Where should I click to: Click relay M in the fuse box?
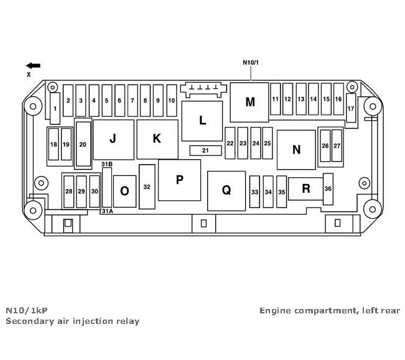249,102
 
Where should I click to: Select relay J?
113,139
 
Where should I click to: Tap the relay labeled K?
156,139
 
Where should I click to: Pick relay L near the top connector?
202,121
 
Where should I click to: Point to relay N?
296,149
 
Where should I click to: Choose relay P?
179,180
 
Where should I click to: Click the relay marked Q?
226,190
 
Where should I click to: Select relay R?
306,189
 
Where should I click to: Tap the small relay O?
124,192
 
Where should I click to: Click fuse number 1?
55,108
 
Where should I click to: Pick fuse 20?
83,144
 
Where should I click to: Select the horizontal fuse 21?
205,151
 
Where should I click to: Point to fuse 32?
147,187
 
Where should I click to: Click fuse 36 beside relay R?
328,189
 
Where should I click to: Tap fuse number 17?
351,108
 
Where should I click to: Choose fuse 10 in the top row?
172,99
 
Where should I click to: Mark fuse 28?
68,192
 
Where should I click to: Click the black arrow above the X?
34,65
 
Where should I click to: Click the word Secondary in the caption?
28,321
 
